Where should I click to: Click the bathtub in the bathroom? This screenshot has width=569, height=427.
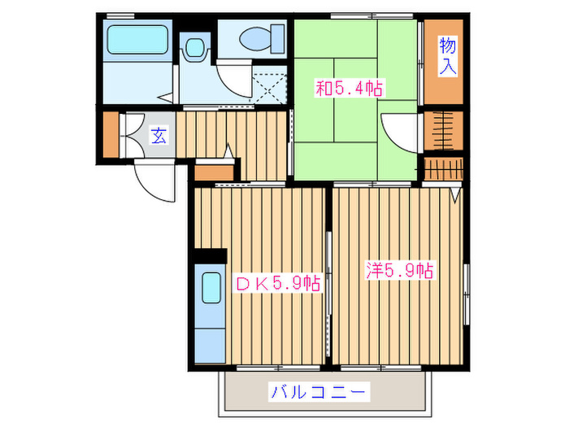pyautogui.click(x=137, y=38)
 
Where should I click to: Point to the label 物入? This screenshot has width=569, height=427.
pyautogui.click(x=446, y=56)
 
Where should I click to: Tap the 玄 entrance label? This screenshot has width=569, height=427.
pyautogui.click(x=159, y=135)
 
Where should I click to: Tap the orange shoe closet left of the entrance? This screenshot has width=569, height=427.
pyautogui.click(x=111, y=135)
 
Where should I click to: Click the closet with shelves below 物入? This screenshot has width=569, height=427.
pyautogui.click(x=444, y=130)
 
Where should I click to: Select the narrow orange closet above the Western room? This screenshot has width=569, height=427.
pyautogui.click(x=444, y=168)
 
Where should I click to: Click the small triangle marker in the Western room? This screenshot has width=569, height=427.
pyautogui.click(x=455, y=194)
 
